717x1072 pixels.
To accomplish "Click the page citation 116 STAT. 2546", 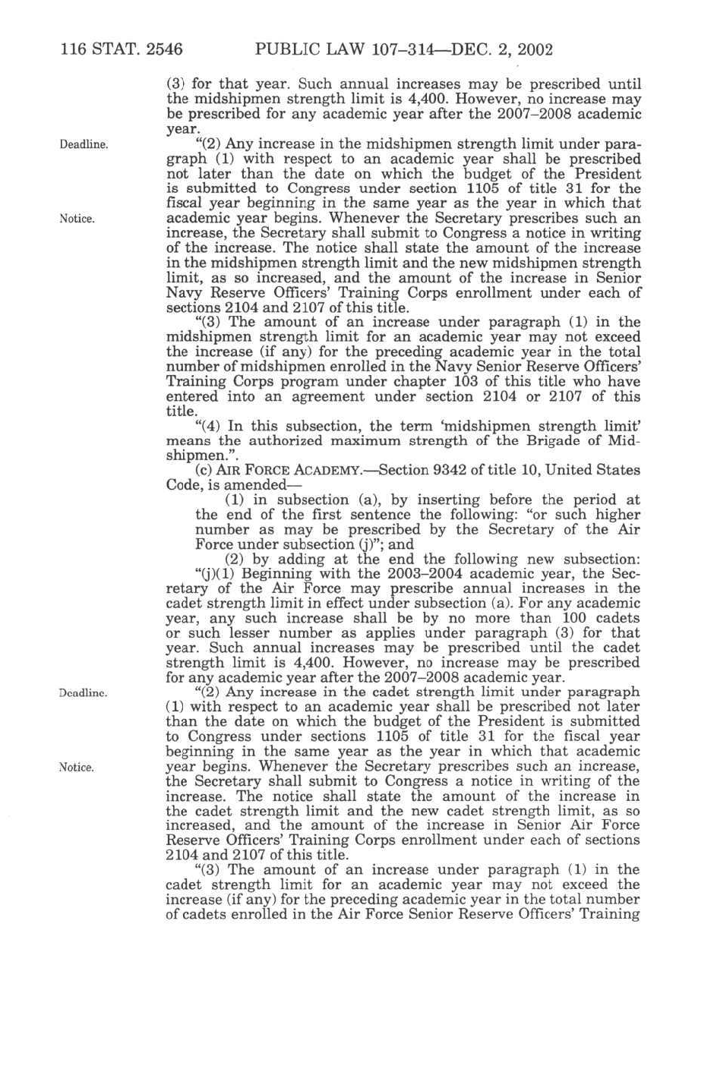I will pos(122,51).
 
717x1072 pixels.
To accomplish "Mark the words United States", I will pos(598,470).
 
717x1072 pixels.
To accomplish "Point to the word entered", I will pos(190,396).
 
